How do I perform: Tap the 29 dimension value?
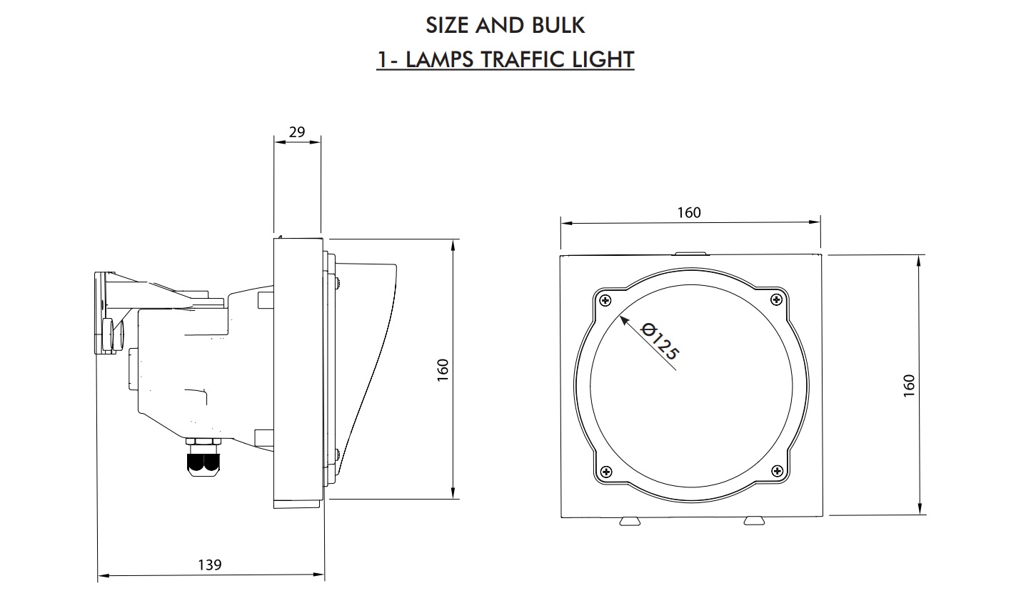[x=297, y=132]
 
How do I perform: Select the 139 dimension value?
[x=210, y=565]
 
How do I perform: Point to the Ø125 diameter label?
[x=660, y=341]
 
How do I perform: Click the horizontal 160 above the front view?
[x=689, y=213]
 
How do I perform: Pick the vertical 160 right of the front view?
[x=909, y=386]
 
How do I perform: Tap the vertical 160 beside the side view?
[x=443, y=370]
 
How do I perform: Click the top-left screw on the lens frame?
[x=605, y=300]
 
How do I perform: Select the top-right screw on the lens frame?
[x=776, y=300]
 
